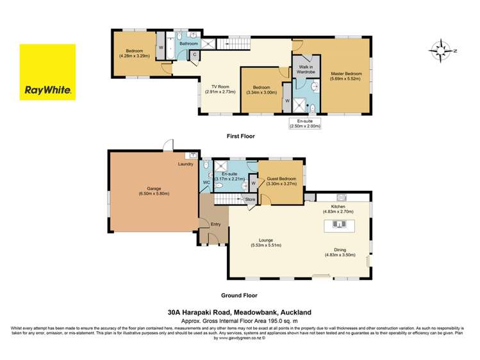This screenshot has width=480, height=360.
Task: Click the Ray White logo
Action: [x=47, y=72]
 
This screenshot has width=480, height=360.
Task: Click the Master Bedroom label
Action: [x=346, y=74]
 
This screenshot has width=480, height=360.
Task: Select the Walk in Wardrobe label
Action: [x=303, y=68]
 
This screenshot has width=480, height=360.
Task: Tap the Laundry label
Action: [x=186, y=165]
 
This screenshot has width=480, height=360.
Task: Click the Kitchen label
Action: [x=338, y=207]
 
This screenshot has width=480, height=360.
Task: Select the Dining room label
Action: [x=338, y=251]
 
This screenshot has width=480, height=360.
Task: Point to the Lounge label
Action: [x=266, y=241]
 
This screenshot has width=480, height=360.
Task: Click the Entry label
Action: [x=216, y=224]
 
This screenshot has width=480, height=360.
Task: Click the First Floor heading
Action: [x=240, y=136]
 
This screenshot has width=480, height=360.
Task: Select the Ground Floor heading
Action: [x=240, y=296]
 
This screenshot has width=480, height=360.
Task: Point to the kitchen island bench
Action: [x=338, y=225]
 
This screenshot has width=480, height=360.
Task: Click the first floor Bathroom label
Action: [x=188, y=44]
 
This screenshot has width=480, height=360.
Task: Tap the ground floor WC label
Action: [x=206, y=183]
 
